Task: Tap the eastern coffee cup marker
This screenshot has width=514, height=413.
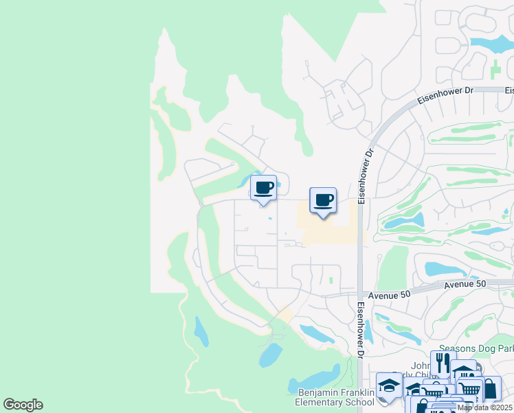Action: pyautogui.click(x=323, y=200)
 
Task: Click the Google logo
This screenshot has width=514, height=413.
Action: pyautogui.click(x=23, y=405)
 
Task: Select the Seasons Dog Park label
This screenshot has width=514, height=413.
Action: pyautogui.click(x=476, y=349)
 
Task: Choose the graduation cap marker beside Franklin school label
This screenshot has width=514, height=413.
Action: pyautogui.click(x=388, y=385)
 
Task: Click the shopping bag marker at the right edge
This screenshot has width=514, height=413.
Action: pyautogui.click(x=490, y=388)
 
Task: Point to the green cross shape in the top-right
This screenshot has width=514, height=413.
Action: pyautogui.click(x=495, y=69)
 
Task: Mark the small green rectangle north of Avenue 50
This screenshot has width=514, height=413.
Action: pyautogui.click(x=331, y=280)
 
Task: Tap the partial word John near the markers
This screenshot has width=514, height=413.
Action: pyautogui.click(x=421, y=366)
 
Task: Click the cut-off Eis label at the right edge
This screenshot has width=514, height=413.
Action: pyautogui.click(x=509, y=90)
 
